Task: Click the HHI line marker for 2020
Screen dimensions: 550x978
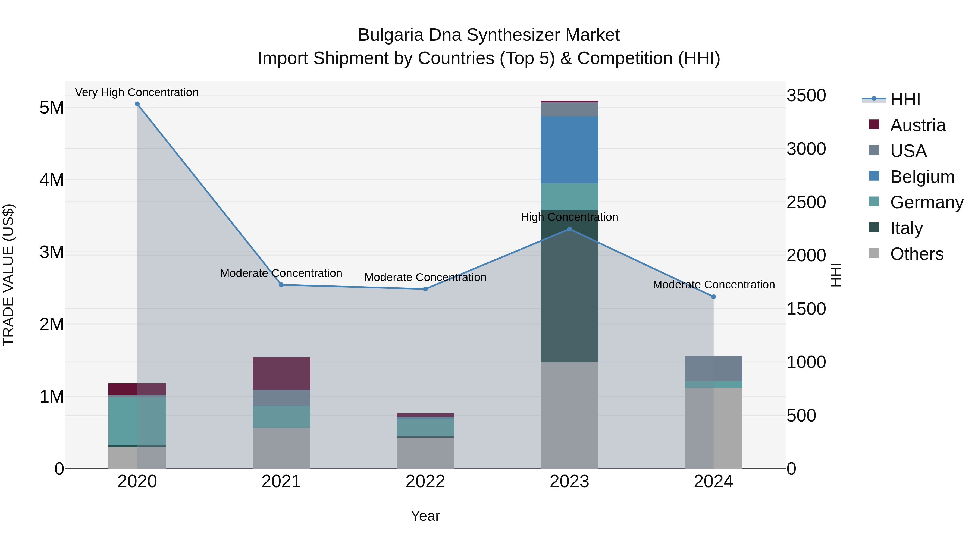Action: point(137,104)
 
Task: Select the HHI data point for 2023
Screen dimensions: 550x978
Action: point(569,229)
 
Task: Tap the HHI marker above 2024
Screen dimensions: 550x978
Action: point(713,297)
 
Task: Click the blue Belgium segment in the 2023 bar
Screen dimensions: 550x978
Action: point(569,150)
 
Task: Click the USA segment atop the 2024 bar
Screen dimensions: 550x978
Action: point(713,368)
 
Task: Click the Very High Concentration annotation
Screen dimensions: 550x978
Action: point(137,92)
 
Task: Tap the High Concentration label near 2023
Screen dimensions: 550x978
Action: point(569,217)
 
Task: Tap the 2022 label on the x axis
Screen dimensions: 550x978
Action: point(425,482)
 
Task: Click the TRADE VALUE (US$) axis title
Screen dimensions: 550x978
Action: point(9,275)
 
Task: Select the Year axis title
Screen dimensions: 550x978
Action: point(425,516)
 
